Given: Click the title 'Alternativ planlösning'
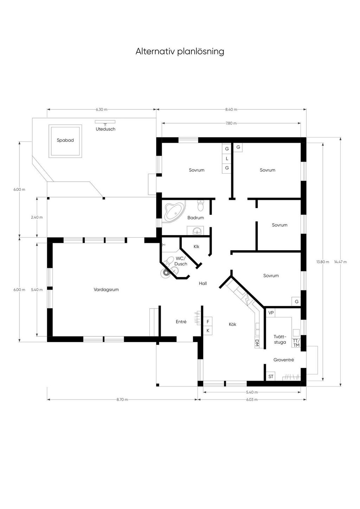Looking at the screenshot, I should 180,51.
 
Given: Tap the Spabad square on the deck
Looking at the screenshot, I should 66,141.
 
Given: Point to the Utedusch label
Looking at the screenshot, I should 105,129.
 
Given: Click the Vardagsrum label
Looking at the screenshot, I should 106,290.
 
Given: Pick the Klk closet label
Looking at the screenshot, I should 196,247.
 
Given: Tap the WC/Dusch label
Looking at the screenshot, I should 181,261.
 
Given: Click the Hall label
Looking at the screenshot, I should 203,283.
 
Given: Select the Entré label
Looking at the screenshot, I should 181,322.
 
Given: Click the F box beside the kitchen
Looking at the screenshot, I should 208,322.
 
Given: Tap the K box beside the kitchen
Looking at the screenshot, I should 208,330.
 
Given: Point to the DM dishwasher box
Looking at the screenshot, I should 257,343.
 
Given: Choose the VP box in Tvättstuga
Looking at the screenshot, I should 271,313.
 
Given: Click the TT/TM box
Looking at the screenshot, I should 296,343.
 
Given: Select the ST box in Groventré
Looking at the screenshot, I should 271,376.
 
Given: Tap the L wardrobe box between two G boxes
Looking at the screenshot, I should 227,159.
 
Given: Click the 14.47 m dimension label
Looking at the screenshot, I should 340,262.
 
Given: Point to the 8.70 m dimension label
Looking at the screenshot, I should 122,399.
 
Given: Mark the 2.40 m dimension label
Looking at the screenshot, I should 37,217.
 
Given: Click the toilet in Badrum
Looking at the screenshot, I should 201,205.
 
